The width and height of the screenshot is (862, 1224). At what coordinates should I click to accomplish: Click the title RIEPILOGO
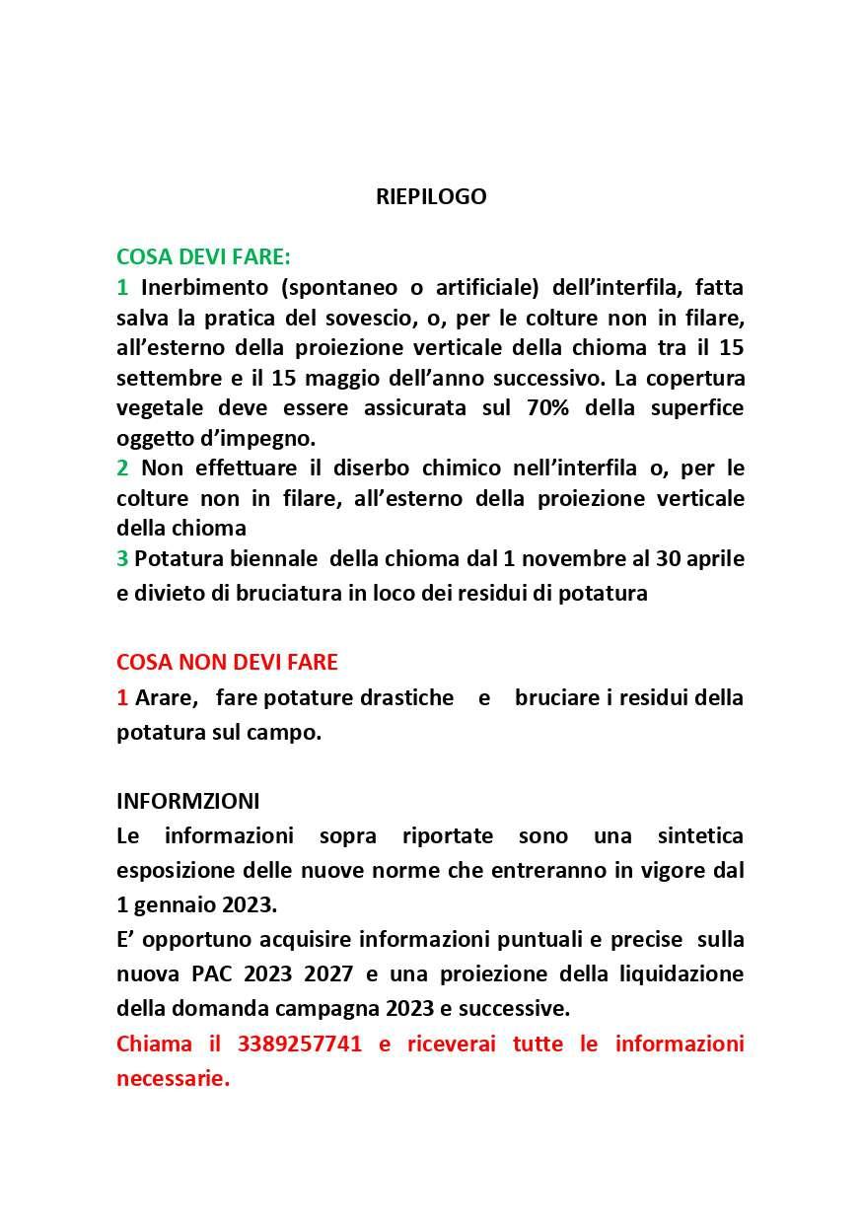(x=431, y=196)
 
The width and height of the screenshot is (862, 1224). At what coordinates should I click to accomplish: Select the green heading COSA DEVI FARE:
(x=203, y=257)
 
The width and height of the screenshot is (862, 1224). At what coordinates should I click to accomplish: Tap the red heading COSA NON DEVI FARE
(x=227, y=661)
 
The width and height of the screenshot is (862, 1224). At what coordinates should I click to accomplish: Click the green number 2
(x=122, y=468)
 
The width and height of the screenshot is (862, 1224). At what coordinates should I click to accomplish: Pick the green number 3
(x=122, y=558)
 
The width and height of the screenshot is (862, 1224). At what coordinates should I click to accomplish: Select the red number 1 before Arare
(x=122, y=697)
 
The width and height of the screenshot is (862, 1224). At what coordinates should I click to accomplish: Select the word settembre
(x=162, y=378)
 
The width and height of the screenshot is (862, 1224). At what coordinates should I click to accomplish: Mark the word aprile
(x=715, y=558)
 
